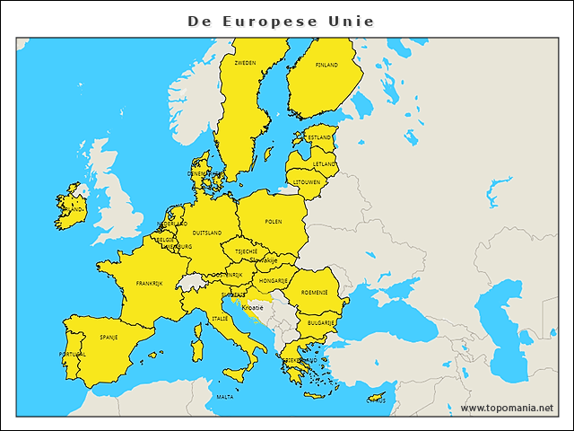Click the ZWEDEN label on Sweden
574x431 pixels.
pyautogui.click(x=245, y=63)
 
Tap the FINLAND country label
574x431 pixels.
pyautogui.click(x=326, y=65)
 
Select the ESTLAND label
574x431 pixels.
pyautogui.click(x=318, y=137)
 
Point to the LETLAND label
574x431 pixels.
pyautogui.click(x=325, y=164)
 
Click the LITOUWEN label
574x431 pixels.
pyautogui.click(x=307, y=182)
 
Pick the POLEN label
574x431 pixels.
pyautogui.click(x=274, y=221)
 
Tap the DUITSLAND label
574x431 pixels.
pyautogui.click(x=207, y=233)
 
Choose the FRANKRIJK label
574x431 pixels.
pyautogui.click(x=149, y=283)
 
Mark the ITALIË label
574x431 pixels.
pyautogui.click(x=220, y=318)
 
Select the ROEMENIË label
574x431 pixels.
pyautogui.click(x=314, y=292)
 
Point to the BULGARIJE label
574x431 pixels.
pyautogui.click(x=321, y=321)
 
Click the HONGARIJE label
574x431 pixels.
pyautogui.click(x=273, y=280)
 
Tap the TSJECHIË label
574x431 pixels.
pyautogui.click(x=247, y=251)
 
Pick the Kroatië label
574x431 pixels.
pyautogui.click(x=252, y=307)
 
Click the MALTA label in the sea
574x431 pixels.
pyautogui.click(x=225, y=396)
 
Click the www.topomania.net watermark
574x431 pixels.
pyautogui.click(x=507, y=408)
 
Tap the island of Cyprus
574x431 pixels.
pyautogui.click(x=380, y=396)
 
